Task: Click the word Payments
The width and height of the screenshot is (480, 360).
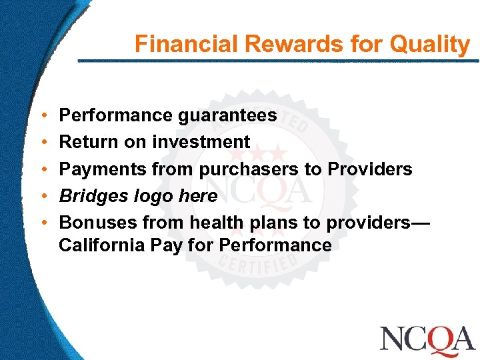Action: pos(103,169)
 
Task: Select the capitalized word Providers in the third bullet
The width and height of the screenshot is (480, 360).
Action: pos(370,169)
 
